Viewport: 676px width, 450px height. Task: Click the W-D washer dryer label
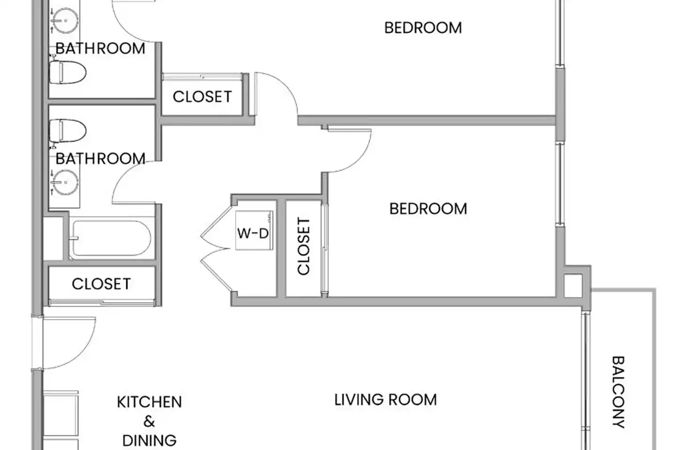[x=253, y=233]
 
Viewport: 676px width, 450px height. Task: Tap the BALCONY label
[x=618, y=392]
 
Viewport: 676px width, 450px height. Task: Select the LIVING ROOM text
[x=385, y=400]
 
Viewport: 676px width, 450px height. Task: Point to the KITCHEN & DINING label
[x=149, y=421]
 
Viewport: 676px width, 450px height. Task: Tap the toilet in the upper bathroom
[x=67, y=72]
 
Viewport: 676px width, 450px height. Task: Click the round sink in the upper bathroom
[x=65, y=21]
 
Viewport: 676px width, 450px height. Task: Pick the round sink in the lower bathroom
[x=65, y=182]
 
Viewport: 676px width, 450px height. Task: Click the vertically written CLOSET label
[x=304, y=246]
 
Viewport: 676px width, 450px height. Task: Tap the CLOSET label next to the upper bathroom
[x=202, y=97]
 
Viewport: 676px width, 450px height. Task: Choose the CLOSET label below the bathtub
[x=101, y=284]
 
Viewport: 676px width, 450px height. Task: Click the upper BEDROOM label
[x=423, y=28]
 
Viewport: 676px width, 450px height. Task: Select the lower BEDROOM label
[x=428, y=209]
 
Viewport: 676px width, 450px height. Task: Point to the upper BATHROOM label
[x=100, y=49]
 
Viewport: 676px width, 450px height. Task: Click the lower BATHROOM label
[x=100, y=159]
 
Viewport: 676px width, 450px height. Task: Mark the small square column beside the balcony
[x=573, y=286]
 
